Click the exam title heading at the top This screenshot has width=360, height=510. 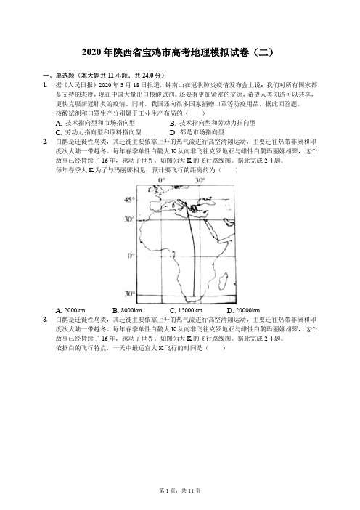point(180,52)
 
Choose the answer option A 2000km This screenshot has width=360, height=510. point(70,310)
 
